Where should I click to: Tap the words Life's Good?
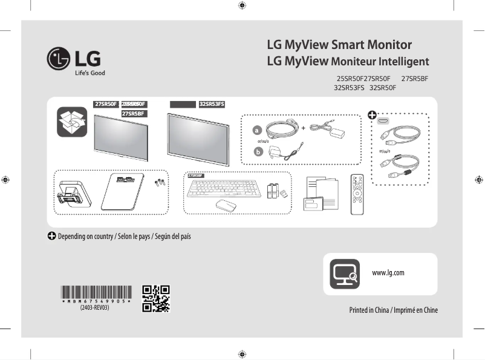coord(90,73)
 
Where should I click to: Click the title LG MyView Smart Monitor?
coord(339,45)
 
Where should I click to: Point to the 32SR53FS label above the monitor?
coord(212,104)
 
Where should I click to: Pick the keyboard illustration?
coord(224,188)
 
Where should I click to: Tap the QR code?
coord(156,298)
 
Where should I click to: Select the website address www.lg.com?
coord(388,273)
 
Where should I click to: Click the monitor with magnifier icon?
coord(345,273)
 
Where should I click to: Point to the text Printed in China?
coord(369,310)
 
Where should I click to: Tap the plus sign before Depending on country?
coord(52,235)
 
